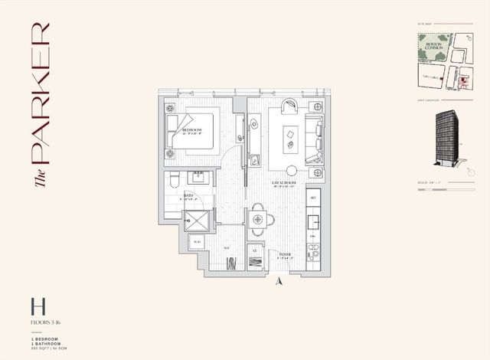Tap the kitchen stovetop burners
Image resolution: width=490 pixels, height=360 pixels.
313,249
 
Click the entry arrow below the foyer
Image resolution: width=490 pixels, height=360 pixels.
280,280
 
